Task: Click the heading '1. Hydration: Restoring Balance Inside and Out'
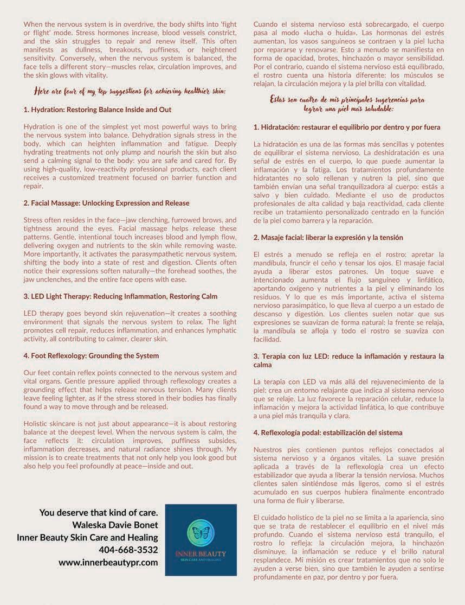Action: tap(98, 110)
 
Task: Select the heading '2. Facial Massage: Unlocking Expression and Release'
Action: tap(107, 203)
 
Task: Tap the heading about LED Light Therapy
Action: tap(120, 296)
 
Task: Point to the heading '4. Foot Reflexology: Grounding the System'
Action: tap(91, 355)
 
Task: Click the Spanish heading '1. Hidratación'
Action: tap(347, 127)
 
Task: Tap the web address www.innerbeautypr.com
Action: tap(108, 562)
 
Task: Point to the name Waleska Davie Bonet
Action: tap(115, 525)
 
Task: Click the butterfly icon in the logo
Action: tap(201, 533)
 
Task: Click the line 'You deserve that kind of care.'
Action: tap(99, 512)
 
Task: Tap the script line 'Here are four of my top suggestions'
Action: tap(130, 91)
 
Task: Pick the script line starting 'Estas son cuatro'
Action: tap(347, 100)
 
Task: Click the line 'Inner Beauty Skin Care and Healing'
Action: tap(87, 537)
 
